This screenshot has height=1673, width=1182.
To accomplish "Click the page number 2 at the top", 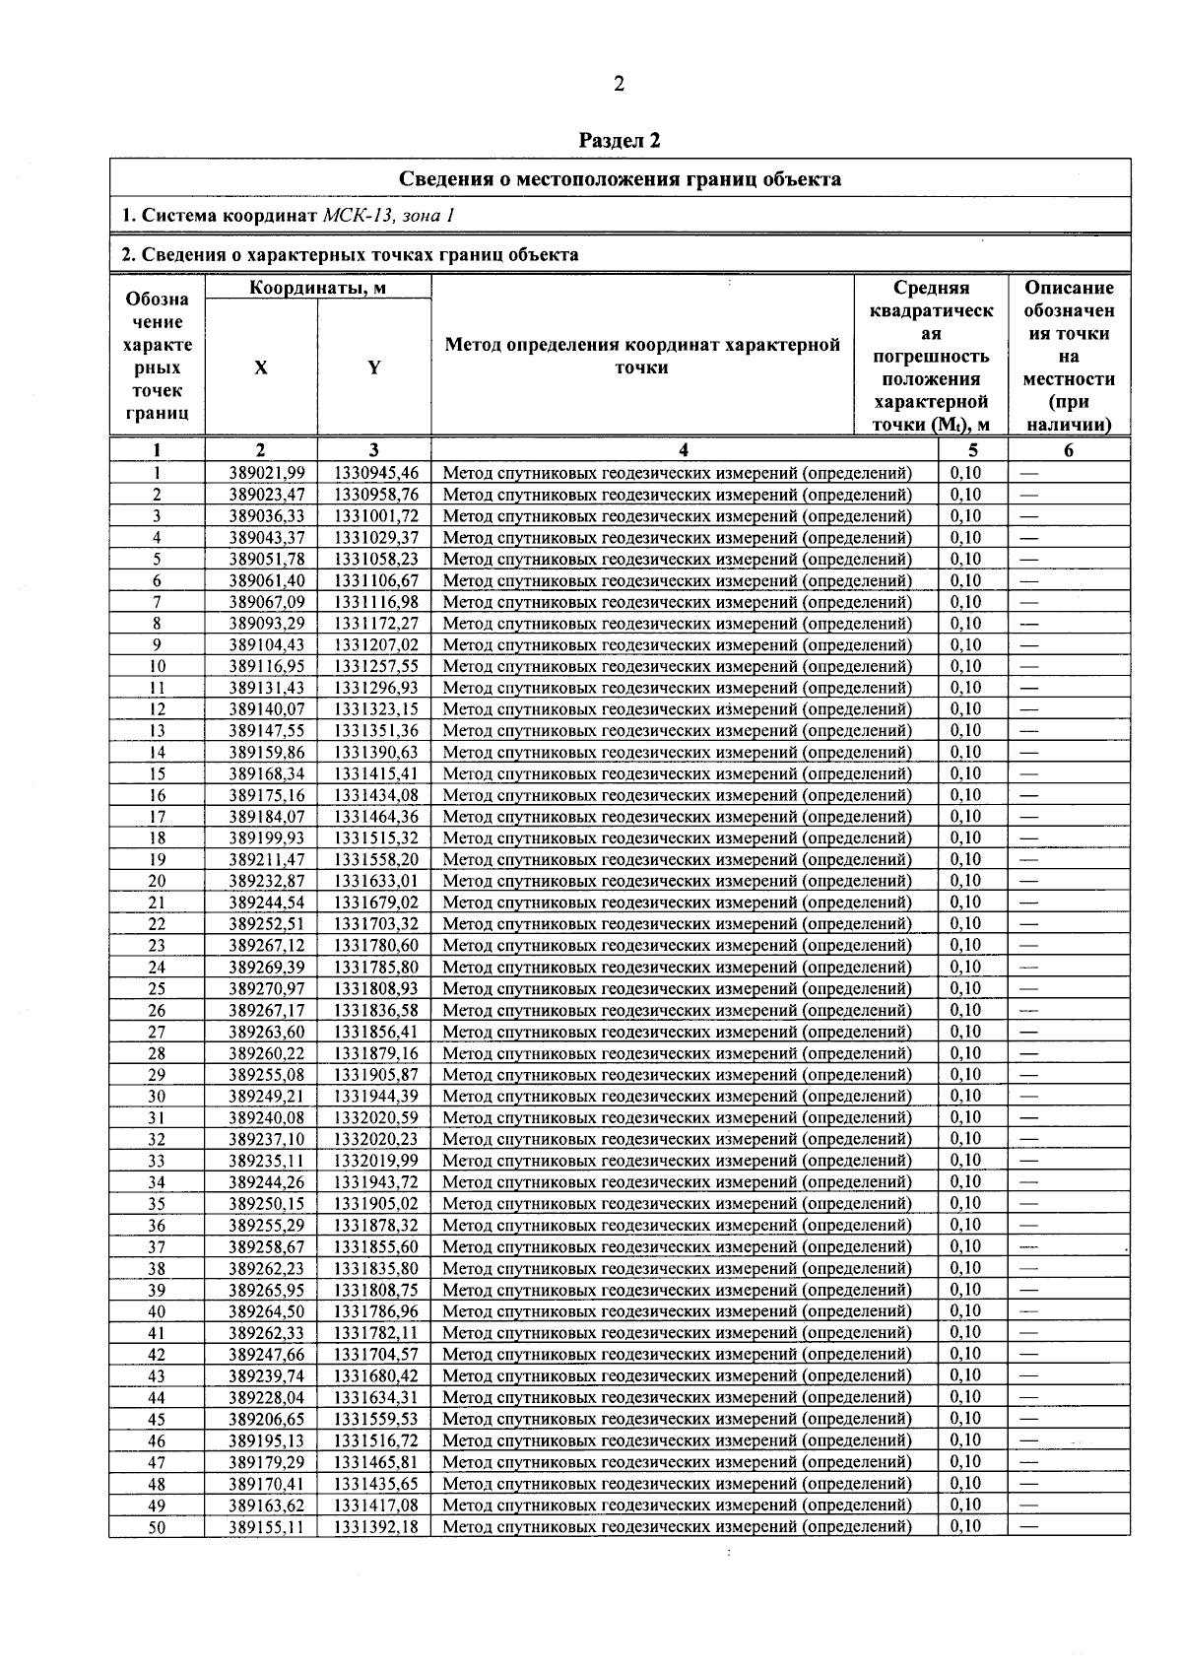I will [619, 84].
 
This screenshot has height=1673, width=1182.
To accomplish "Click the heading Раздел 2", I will [619, 140].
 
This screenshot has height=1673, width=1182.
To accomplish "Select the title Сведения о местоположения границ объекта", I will [620, 178].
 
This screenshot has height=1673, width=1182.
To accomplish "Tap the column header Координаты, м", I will [317, 288].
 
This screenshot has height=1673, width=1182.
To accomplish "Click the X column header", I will [261, 368].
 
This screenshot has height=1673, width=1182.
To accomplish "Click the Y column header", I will [374, 368].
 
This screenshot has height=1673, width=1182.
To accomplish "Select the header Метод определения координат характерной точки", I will [642, 356].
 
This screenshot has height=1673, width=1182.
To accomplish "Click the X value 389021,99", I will [267, 473].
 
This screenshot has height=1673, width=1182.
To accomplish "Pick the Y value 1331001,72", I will [376, 516].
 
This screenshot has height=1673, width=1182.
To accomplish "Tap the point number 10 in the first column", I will [157, 667].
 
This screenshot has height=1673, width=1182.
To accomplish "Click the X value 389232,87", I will [267, 882].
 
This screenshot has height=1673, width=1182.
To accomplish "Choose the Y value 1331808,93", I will [376, 989].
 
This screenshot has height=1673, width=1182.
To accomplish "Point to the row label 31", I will [157, 1118].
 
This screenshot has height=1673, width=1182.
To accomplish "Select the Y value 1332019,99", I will [376, 1161].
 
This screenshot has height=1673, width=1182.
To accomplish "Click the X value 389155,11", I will [267, 1527].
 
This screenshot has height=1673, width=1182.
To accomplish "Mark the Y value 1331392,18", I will [376, 1527].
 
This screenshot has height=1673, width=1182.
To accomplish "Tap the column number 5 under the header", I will [973, 450].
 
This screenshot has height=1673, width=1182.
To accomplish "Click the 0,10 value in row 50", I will [965, 1526].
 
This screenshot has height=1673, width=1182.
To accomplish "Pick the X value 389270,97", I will [267, 989].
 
